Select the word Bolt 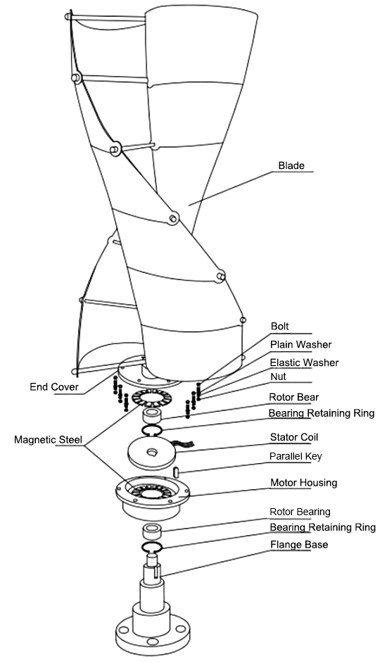click(x=280, y=327)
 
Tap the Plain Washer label click(x=301, y=345)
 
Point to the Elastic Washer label click(x=304, y=362)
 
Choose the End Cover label click(x=53, y=387)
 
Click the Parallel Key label click(x=296, y=456)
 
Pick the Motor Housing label click(x=303, y=483)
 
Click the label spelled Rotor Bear click(x=294, y=398)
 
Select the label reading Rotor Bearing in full click(x=300, y=512)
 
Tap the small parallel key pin click(x=177, y=471)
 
